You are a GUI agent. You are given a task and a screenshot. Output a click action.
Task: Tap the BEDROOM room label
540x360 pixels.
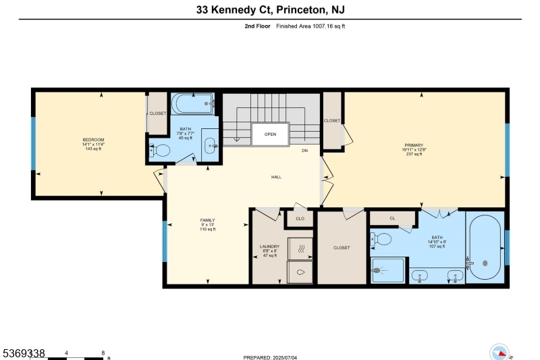(x=92, y=140)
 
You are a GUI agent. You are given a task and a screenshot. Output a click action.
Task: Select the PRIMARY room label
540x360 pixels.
(x=413, y=145)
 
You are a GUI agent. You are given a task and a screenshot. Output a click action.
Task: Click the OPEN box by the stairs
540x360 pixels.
(x=270, y=134)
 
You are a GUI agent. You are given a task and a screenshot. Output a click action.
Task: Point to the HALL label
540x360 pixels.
(x=276, y=177)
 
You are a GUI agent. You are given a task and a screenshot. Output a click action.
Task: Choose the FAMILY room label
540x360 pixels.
(x=207, y=220)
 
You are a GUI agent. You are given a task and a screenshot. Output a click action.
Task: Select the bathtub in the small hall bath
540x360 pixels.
(x=193, y=105)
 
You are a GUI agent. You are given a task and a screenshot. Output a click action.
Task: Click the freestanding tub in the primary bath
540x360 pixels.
(x=485, y=248)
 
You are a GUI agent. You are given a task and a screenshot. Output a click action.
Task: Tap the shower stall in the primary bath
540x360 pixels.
(x=387, y=270)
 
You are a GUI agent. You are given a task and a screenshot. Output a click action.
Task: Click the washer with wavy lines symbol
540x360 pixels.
(x=301, y=249)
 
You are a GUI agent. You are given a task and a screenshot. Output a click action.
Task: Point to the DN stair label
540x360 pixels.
(x=304, y=151)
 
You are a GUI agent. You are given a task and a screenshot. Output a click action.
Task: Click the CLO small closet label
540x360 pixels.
(x=300, y=219)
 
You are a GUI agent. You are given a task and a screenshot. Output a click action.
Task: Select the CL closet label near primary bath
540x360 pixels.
(x=392, y=218)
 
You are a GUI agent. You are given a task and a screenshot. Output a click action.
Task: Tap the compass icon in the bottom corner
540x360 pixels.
(x=500, y=353)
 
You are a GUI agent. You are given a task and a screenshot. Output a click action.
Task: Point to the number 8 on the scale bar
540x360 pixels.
(x=103, y=353)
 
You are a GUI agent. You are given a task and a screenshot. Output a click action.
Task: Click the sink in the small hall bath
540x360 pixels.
(x=210, y=144)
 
